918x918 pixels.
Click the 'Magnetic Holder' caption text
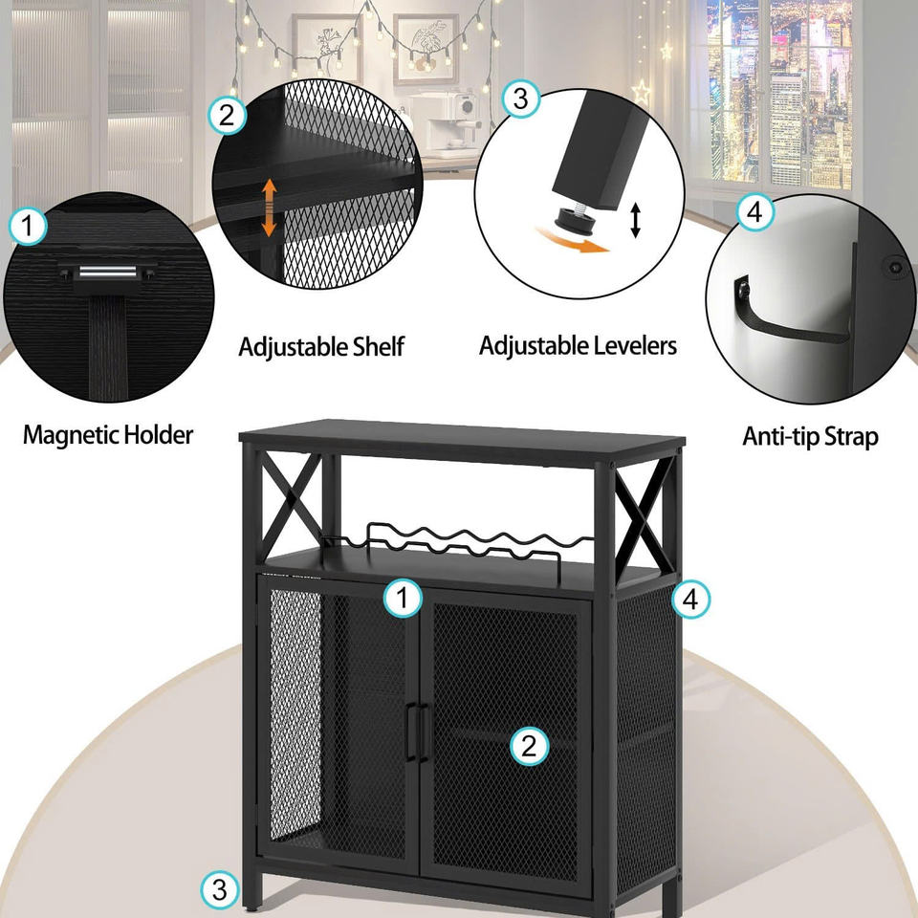(x=108, y=435)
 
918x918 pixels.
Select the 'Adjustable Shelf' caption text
(x=321, y=345)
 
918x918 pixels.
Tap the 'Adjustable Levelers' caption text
(x=578, y=344)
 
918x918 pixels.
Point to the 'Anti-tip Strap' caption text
(x=810, y=437)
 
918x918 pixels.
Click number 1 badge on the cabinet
(x=403, y=599)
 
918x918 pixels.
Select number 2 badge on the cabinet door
(x=529, y=746)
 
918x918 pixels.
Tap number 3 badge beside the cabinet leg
(x=220, y=891)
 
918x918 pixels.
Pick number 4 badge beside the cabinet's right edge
(x=691, y=600)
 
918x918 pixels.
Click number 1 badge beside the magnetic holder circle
(x=28, y=228)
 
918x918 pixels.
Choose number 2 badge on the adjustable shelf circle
(x=227, y=116)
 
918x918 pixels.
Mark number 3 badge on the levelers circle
(x=520, y=98)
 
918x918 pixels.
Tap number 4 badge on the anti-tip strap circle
(x=754, y=213)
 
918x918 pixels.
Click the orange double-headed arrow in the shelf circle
(x=270, y=208)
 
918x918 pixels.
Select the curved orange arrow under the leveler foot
(x=574, y=240)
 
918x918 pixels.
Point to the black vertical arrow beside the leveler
(x=635, y=220)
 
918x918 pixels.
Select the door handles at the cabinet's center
(x=416, y=732)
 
